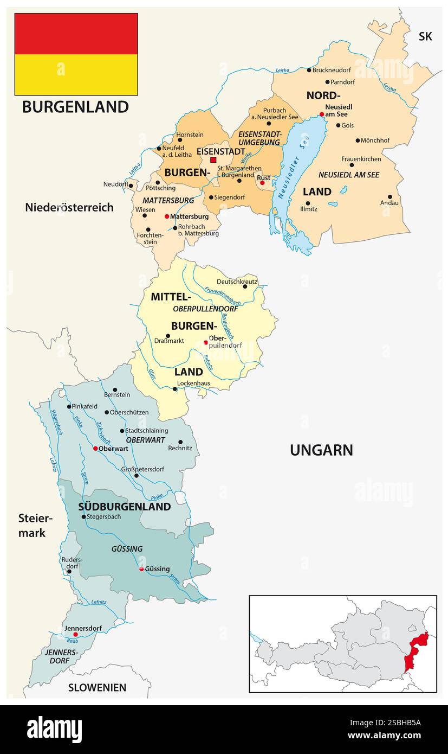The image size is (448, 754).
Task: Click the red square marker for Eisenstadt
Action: point(213,160)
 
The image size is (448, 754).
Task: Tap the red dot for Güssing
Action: point(141,569)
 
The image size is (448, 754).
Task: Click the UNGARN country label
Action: point(321,450)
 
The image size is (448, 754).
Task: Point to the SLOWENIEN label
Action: point(97,687)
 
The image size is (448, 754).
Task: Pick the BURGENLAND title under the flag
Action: point(75,107)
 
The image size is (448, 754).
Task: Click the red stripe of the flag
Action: point(76,34)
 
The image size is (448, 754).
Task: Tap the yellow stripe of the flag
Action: point(76,74)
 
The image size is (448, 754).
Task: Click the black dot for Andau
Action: point(389,197)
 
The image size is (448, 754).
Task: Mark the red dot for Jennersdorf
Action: point(76,634)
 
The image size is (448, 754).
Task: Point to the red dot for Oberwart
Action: point(95,449)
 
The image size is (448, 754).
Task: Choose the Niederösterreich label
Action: point(69,207)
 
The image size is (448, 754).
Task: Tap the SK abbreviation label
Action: point(425,36)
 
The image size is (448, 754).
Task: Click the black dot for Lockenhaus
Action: point(174,389)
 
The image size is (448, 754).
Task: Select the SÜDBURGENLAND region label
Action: point(124,507)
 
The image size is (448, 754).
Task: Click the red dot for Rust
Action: point(262,183)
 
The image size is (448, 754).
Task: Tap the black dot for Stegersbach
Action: point(83,517)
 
